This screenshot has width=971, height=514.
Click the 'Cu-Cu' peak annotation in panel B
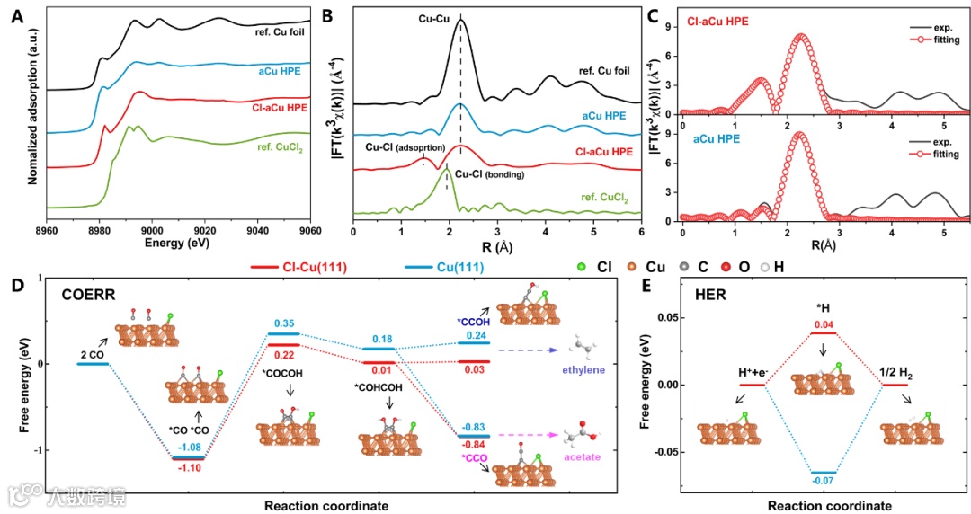pos(433,15)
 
